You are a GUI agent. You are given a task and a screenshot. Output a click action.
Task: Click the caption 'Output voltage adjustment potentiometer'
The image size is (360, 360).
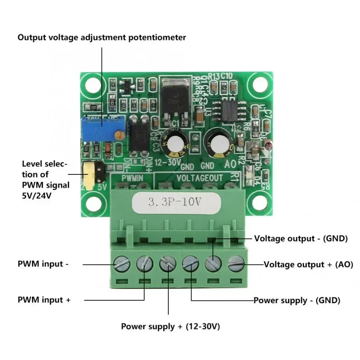[x=102, y=38]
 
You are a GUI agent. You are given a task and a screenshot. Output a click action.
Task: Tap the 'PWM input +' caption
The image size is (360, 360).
[x=44, y=300]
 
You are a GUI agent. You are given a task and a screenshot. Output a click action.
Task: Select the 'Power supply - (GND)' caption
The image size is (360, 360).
[x=297, y=300]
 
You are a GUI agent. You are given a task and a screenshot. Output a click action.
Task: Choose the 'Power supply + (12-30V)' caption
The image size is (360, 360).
[x=170, y=326]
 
